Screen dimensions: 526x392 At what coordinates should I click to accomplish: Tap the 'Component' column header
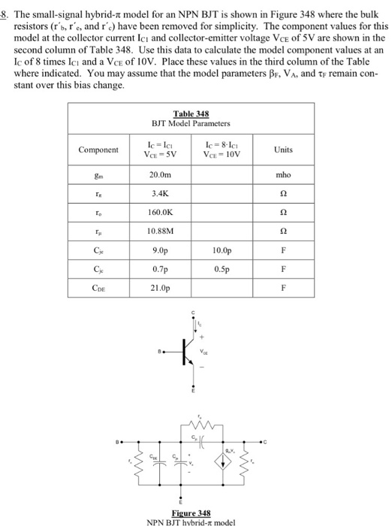tap(100, 149)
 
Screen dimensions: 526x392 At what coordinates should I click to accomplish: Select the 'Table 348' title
tap(191, 113)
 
